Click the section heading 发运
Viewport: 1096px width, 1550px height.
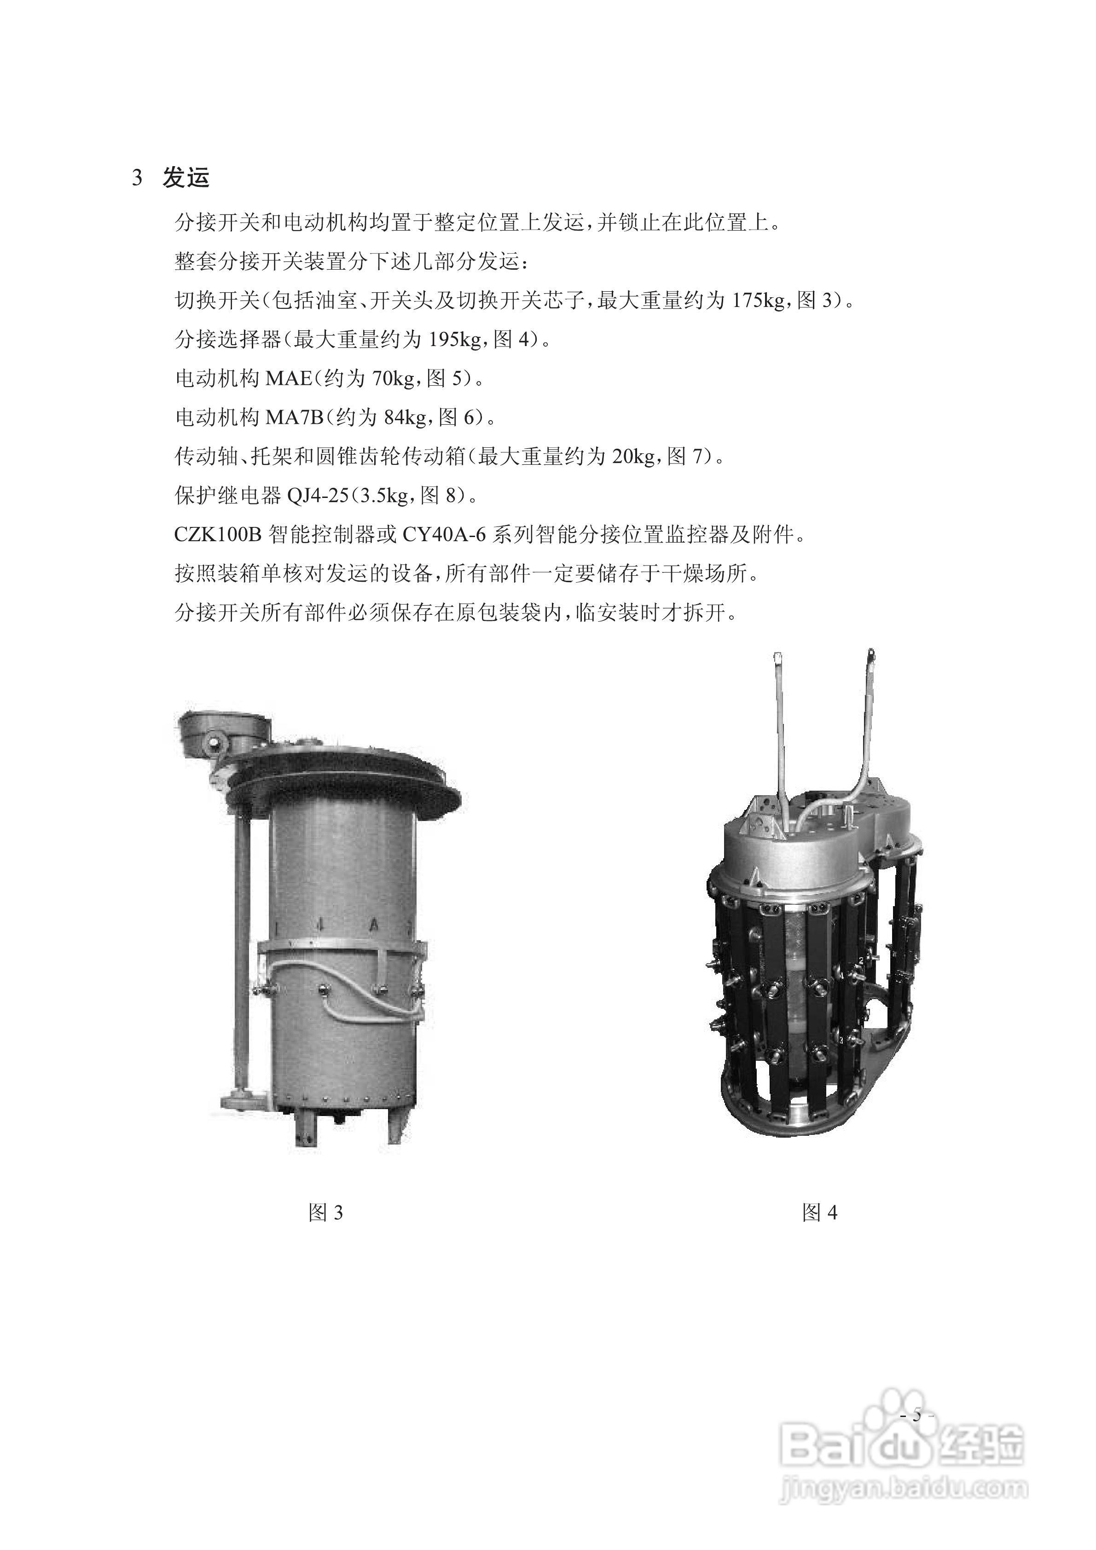point(186,178)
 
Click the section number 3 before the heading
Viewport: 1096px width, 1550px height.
point(137,178)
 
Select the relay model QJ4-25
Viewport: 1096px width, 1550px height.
point(318,496)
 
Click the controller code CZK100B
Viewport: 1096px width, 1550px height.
point(217,535)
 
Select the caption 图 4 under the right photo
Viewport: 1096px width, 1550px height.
point(819,1213)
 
